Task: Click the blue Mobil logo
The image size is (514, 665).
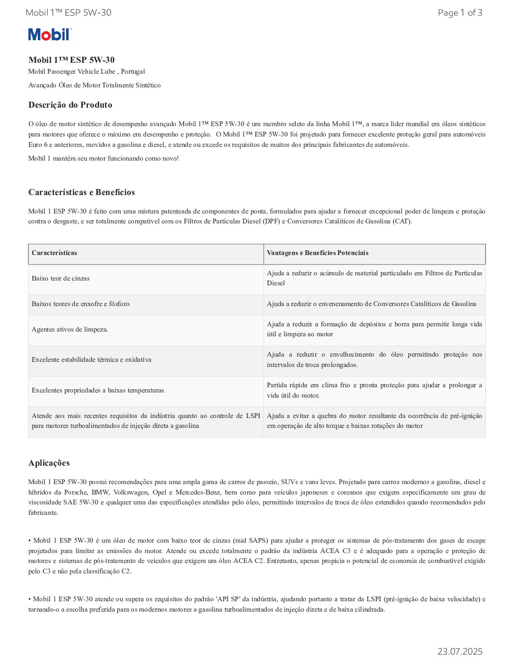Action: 49,34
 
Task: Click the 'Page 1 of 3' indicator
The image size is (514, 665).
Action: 460,13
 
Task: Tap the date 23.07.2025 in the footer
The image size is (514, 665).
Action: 459,651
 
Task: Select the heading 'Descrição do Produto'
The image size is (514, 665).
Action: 70,105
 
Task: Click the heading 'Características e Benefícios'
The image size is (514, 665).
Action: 81,192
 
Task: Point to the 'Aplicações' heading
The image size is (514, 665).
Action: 49,463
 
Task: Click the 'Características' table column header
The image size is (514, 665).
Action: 54,253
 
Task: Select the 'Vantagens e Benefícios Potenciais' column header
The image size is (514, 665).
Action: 317,253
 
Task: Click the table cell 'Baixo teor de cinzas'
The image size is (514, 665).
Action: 60,279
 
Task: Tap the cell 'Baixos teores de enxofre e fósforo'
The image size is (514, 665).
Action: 80,304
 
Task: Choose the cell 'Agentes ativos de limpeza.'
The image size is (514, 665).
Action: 69,330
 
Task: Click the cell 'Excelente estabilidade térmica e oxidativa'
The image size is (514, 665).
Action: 91,360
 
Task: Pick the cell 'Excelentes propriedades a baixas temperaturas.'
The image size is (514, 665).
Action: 98,391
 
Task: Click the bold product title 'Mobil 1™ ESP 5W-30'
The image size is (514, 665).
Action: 71,60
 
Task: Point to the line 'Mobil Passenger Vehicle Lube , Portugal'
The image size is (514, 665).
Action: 86,72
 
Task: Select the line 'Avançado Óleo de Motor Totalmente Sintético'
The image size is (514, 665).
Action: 94,85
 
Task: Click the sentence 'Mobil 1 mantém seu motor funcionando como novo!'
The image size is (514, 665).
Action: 103,159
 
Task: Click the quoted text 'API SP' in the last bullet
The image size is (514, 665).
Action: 228,599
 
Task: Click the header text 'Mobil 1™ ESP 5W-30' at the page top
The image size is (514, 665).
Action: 69,13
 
